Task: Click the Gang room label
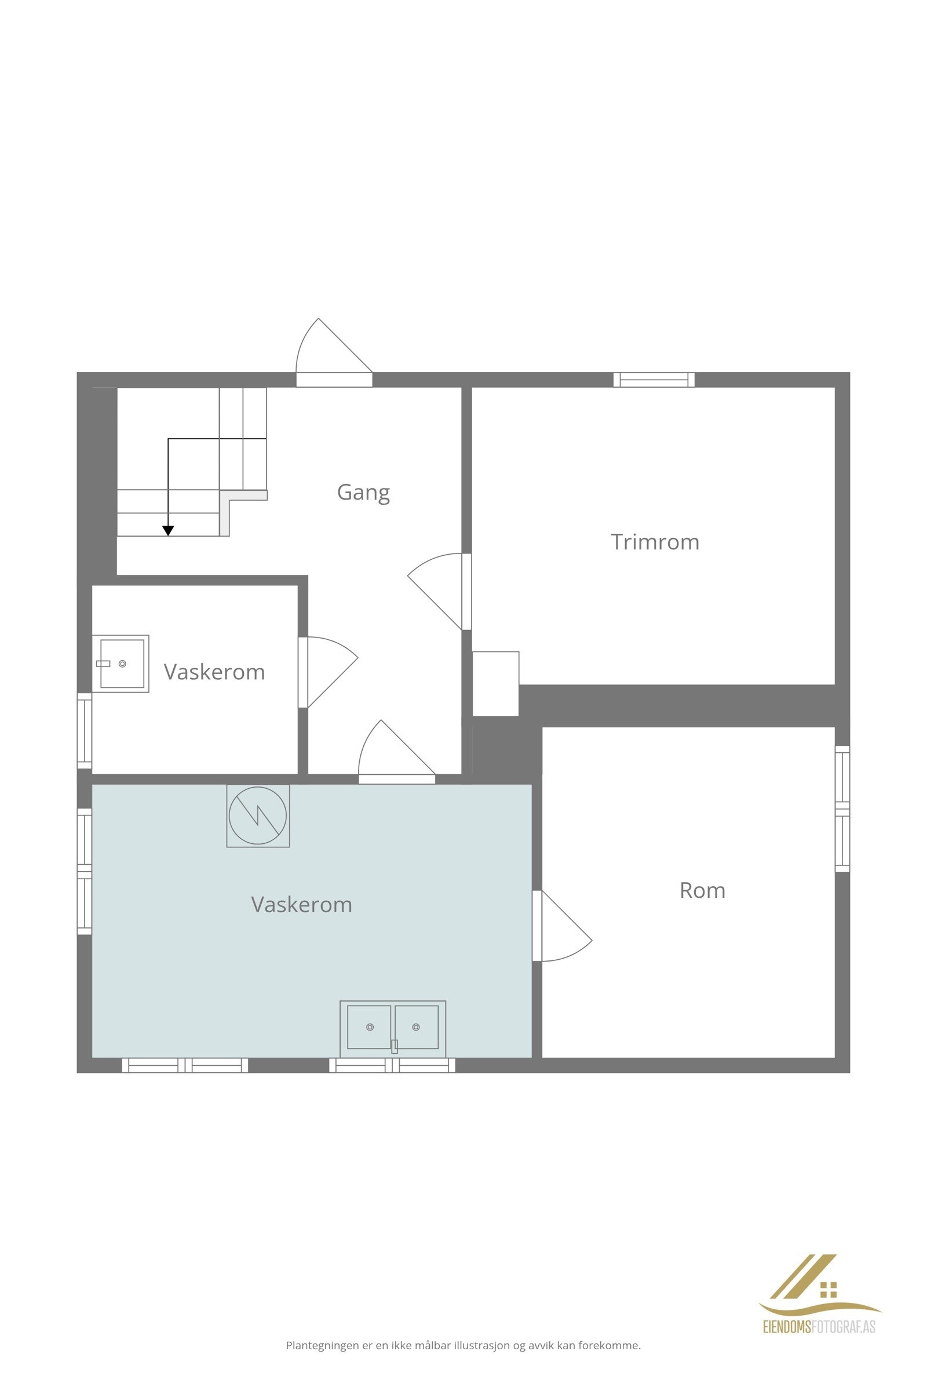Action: [x=363, y=492]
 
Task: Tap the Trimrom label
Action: [x=655, y=542]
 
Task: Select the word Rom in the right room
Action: [x=702, y=890]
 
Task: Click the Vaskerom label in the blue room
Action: [x=301, y=904]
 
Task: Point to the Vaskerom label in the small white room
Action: [x=214, y=672]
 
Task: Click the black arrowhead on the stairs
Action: [x=169, y=530]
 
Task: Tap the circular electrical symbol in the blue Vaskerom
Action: [x=258, y=815]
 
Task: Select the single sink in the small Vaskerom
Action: [x=121, y=664]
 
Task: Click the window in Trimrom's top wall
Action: [x=654, y=380]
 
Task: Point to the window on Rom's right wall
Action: [x=842, y=809]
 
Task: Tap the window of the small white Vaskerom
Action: [x=85, y=731]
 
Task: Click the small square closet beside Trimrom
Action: [x=495, y=683]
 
